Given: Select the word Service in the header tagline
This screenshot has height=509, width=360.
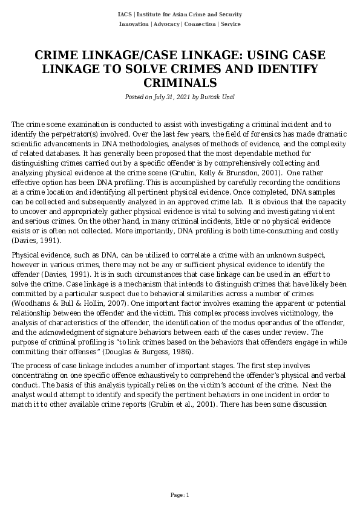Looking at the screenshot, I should (x=231, y=24).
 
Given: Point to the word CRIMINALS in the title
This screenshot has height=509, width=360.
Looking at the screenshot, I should (x=180, y=82).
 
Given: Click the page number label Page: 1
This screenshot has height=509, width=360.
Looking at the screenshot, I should (x=180, y=495).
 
